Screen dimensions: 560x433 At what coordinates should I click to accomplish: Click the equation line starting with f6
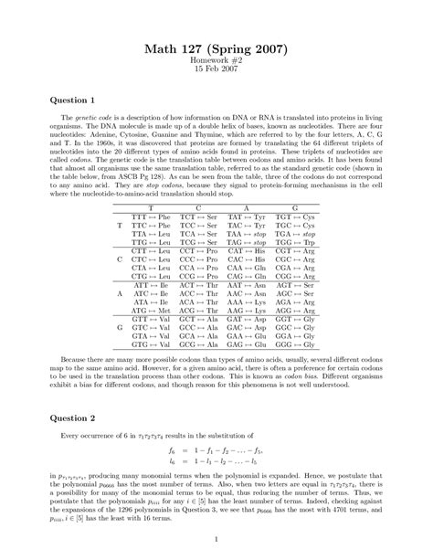pyautogui.click(x=216, y=449)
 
